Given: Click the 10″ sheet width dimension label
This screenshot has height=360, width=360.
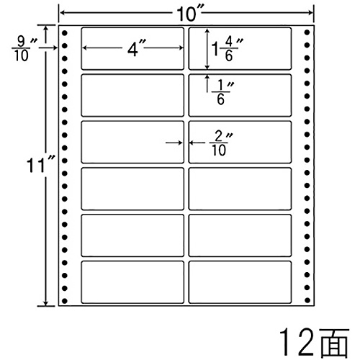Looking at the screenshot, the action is click(x=189, y=14).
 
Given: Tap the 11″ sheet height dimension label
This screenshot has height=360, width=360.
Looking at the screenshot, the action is click(x=40, y=165).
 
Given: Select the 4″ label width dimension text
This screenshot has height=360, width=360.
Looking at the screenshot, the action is click(x=136, y=49).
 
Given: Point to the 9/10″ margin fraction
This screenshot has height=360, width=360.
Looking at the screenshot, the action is click(x=24, y=49).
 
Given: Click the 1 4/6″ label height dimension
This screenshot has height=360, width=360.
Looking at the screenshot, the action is click(x=227, y=49).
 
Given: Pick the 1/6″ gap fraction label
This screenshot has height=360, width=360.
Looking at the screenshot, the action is click(x=222, y=92).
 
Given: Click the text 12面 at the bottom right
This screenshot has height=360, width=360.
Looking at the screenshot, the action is click(x=314, y=343).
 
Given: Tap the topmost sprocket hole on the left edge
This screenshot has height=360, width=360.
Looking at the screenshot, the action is click(x=65, y=32).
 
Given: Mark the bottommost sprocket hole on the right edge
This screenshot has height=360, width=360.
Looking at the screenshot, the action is click(x=307, y=300).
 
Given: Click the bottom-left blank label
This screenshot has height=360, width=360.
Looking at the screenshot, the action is click(x=132, y=282).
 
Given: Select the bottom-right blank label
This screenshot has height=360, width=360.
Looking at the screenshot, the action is click(x=240, y=282).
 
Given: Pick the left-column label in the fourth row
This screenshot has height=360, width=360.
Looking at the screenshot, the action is click(x=132, y=189).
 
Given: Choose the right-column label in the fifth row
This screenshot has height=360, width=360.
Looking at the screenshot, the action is click(x=240, y=235).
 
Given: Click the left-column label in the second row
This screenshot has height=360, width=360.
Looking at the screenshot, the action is click(x=132, y=96).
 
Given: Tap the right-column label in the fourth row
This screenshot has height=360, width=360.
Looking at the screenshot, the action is click(x=240, y=189).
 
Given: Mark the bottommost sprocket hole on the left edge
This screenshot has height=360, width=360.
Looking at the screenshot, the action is click(x=65, y=300).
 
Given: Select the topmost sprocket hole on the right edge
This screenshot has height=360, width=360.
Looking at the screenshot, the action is click(x=307, y=32).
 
